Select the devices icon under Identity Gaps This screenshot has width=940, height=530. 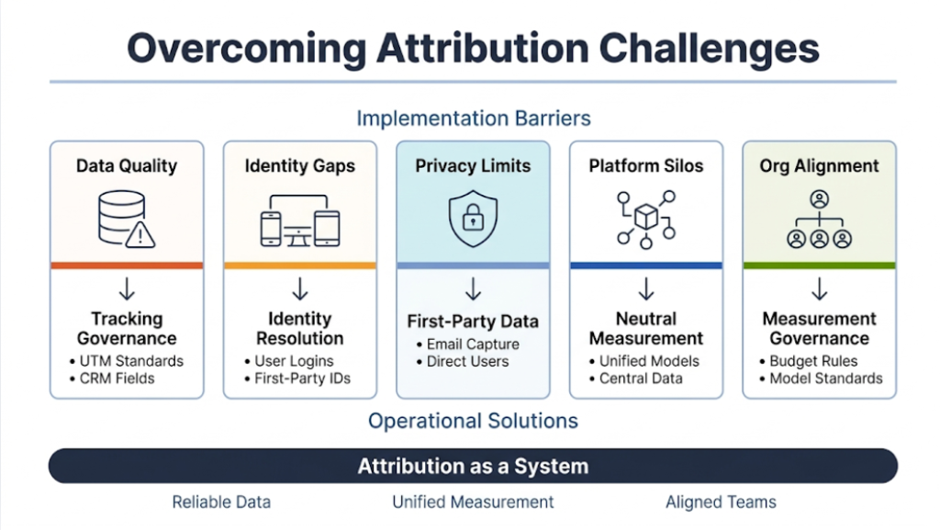pyautogui.click(x=299, y=220)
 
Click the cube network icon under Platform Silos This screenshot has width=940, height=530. pyautogui.click(x=645, y=219)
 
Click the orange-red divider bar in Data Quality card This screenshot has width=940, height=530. pyautogui.click(x=127, y=265)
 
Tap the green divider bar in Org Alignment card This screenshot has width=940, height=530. pyautogui.click(x=819, y=265)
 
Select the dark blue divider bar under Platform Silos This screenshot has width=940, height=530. pyautogui.click(x=645, y=265)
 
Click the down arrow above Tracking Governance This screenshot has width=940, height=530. pyautogui.click(x=127, y=291)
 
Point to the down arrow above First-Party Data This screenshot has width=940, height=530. pyautogui.click(x=473, y=291)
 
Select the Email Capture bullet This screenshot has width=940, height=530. pyautogui.click(x=471, y=344)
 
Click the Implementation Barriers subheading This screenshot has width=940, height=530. pyautogui.click(x=473, y=118)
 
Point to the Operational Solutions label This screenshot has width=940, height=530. pyautogui.click(x=473, y=421)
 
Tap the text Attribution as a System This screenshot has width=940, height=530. pyautogui.click(x=473, y=466)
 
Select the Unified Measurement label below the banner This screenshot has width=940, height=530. pyautogui.click(x=473, y=502)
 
